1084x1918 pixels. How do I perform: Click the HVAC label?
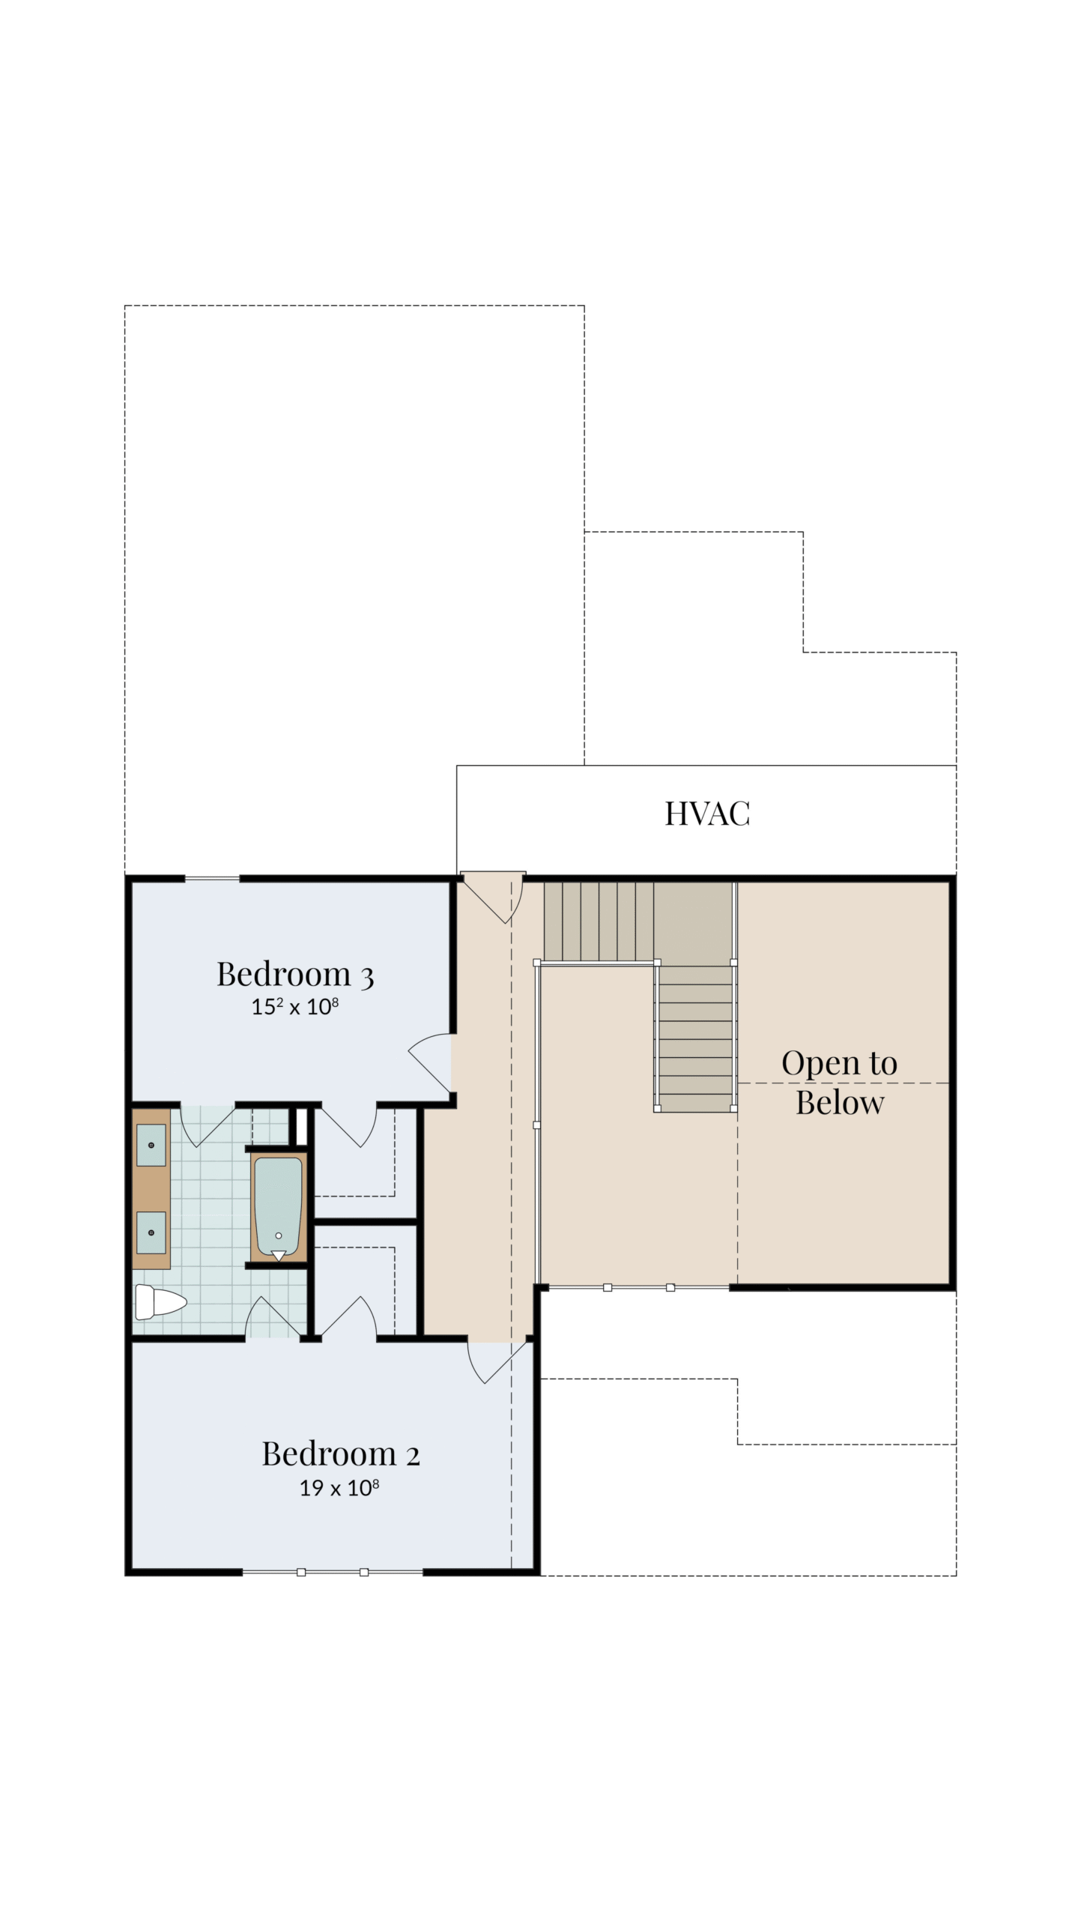[x=707, y=814]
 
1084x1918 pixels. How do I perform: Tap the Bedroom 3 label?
[x=295, y=975]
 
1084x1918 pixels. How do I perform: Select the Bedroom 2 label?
[x=341, y=1454]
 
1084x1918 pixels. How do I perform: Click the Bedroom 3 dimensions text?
[x=295, y=1006]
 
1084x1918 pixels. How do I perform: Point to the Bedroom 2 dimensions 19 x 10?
[x=339, y=1487]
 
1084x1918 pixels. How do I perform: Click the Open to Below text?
[x=840, y=1083]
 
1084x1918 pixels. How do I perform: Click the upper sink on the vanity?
[x=151, y=1146]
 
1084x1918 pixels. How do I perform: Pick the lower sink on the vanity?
[x=151, y=1232]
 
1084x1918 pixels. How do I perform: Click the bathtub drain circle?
[x=279, y=1235]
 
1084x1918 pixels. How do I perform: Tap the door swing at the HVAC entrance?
[x=494, y=897]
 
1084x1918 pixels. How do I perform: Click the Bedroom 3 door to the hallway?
[x=430, y=1062]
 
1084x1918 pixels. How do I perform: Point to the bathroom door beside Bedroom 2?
[x=273, y=1318]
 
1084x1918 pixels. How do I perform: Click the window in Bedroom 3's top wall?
[x=212, y=878]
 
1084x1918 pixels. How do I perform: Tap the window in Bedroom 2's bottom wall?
[x=333, y=1572]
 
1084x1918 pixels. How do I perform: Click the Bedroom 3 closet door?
[x=348, y=1125]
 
